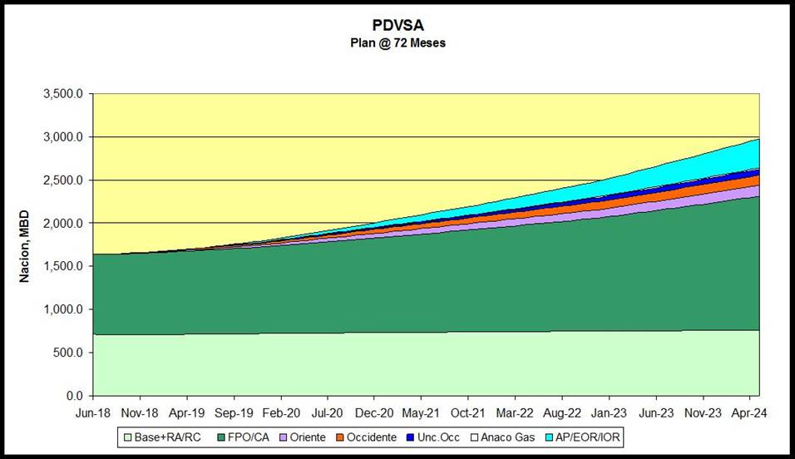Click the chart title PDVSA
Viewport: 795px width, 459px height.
click(x=397, y=26)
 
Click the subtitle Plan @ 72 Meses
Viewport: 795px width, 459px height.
click(x=397, y=42)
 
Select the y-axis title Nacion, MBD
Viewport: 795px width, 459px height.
click(x=26, y=244)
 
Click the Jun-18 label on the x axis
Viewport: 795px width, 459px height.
click(x=93, y=412)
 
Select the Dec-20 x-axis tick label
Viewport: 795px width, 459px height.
click(x=374, y=412)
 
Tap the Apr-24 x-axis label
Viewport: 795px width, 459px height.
click(x=750, y=412)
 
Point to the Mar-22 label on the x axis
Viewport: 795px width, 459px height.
click(x=516, y=412)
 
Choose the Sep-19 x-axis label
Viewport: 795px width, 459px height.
click(x=234, y=412)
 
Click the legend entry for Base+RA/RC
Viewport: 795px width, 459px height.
click(x=161, y=437)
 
